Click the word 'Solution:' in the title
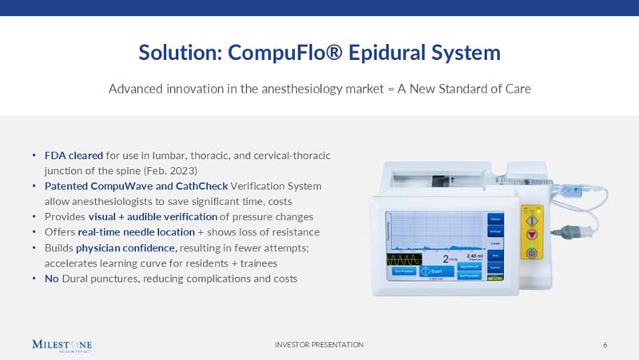(x=180, y=53)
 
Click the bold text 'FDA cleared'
(x=73, y=155)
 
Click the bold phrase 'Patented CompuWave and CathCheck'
(x=136, y=186)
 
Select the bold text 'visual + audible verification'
(x=153, y=216)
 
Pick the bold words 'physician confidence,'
(x=126, y=247)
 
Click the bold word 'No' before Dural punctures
(x=51, y=279)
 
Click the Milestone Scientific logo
(x=62, y=345)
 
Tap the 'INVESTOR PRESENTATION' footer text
(x=319, y=345)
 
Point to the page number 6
(x=605, y=345)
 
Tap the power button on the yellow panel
(x=531, y=252)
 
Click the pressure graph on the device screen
(x=435, y=231)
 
